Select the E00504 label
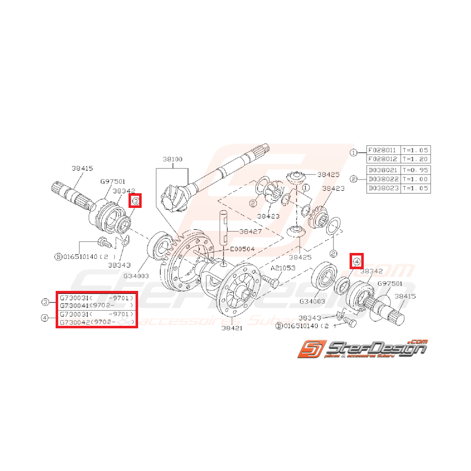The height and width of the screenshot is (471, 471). pyautogui.click(x=242, y=249)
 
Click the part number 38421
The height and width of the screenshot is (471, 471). pyautogui.click(x=232, y=327)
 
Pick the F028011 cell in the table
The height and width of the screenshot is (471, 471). pyautogui.click(x=383, y=151)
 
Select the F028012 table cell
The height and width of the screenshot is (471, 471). pyautogui.click(x=383, y=159)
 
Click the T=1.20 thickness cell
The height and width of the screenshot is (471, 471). pyautogui.click(x=415, y=159)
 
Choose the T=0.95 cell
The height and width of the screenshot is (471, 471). pyautogui.click(x=415, y=170)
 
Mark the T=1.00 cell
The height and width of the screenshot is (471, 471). pyautogui.click(x=415, y=179)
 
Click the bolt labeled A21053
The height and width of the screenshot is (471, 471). pyautogui.click(x=269, y=279)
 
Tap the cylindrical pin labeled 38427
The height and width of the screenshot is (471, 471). pyautogui.click(x=223, y=228)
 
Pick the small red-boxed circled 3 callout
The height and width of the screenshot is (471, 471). pyautogui.click(x=136, y=201)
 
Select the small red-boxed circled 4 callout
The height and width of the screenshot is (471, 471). pyautogui.click(x=357, y=262)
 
